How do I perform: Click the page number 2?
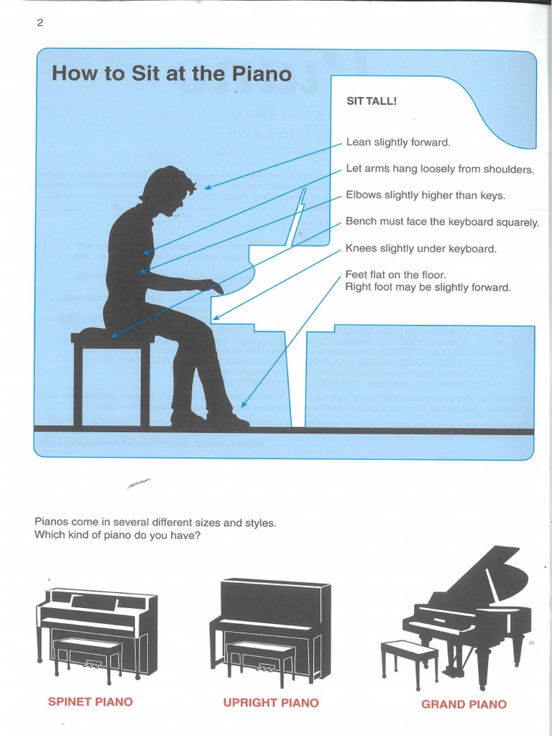(40, 23)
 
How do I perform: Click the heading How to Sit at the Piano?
(172, 74)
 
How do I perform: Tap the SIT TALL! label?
(371, 101)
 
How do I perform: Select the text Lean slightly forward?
(398, 142)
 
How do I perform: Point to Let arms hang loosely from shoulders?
(440, 170)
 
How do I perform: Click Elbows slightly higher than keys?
(425, 195)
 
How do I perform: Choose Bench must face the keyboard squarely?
(441, 222)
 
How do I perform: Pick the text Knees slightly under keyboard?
(420, 249)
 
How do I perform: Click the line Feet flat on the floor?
(395, 275)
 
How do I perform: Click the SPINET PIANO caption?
(91, 701)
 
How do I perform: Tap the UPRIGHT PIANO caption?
(271, 702)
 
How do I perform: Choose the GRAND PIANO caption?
(464, 704)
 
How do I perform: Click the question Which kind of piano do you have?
(117, 535)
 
